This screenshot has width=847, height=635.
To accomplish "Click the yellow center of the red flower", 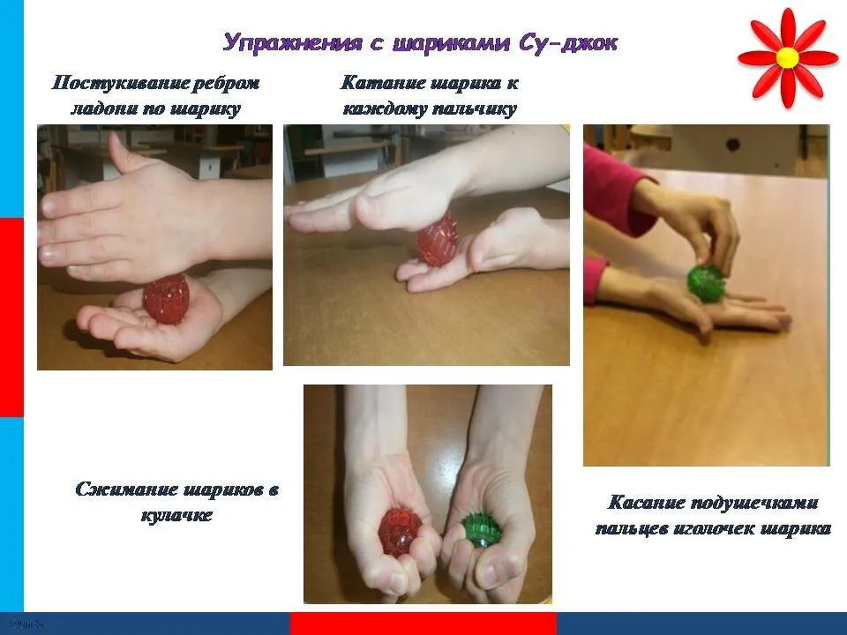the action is pos(788,57).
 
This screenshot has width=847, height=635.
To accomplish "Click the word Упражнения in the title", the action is pos(292,42).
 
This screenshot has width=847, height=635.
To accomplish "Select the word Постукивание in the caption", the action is pos(118,83).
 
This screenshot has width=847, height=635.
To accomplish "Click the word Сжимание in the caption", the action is pos(126,489).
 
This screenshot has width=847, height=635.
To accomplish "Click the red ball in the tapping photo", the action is pos(166,299).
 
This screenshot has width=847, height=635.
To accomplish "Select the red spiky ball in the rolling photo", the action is pos(437,241).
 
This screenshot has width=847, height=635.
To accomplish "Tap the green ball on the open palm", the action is pos(707,282).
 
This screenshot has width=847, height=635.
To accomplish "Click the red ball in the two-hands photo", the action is pos(400,532).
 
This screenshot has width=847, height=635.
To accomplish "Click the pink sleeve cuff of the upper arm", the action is pos(618,191).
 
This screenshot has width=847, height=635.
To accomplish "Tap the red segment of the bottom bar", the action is pos(423,624).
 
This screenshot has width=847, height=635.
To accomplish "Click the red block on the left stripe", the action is pos(11,317).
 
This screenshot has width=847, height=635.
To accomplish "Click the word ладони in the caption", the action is pos(102,109).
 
